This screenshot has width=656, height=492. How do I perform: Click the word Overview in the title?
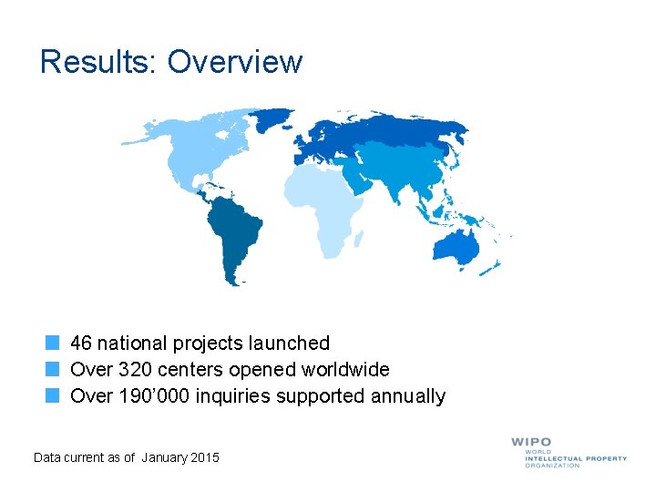234,62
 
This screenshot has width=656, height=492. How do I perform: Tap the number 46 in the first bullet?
81,343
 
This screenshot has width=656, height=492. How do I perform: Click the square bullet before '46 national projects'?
53,343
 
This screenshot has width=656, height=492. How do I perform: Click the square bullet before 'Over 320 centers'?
53,370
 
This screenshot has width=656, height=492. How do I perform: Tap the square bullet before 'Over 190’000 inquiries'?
53,396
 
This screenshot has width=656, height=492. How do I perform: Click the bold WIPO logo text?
531,443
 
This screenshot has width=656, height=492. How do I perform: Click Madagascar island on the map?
359,239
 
